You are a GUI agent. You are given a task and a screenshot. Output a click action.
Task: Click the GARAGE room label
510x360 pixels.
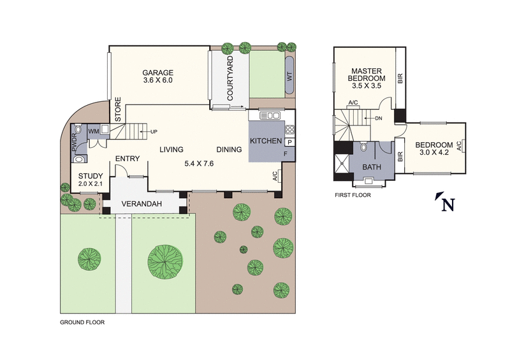click(157, 72)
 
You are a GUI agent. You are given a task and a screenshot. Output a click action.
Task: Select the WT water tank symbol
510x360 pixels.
click(289, 76)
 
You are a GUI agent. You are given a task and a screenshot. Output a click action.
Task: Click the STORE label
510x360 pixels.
click(118, 109)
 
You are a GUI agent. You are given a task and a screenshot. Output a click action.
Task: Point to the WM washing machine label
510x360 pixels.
click(92, 131)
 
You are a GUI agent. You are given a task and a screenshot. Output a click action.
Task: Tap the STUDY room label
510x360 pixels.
click(90, 175)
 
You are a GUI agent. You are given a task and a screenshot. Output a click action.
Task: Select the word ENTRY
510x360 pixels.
click(127, 159)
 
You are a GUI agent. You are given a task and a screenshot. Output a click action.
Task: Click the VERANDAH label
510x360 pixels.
click(142, 204)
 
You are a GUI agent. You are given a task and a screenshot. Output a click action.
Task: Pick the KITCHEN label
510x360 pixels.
click(265, 141)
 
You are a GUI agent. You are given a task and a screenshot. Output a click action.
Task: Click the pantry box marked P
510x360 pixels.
click(289, 143)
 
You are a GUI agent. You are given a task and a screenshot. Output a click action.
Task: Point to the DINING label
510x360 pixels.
click(229, 150)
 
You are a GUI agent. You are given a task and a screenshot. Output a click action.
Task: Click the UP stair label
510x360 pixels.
click(154, 132)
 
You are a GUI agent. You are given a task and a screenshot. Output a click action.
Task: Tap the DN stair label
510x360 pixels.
click(378, 118)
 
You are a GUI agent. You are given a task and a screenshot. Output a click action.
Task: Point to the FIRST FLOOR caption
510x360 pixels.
click(353, 195)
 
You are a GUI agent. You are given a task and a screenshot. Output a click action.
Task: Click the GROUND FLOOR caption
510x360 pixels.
click(82, 322)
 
